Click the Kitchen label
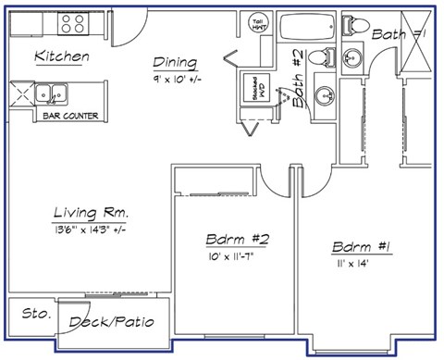(62, 57)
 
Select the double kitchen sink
(50, 93)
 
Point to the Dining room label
(174, 63)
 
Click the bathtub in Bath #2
(305, 25)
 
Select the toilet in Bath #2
(320, 57)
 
